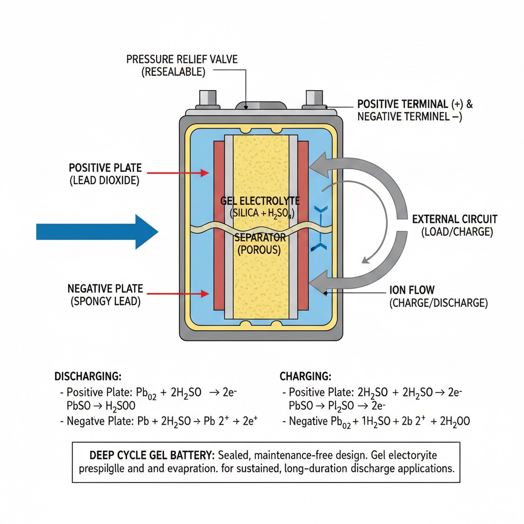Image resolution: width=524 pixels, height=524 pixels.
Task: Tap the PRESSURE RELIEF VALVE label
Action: tap(182, 59)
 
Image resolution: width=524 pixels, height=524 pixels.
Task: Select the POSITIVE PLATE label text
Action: tap(105, 168)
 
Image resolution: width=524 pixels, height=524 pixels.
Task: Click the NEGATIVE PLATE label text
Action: tap(105, 289)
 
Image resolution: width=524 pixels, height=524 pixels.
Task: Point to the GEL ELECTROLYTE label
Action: tap(260, 201)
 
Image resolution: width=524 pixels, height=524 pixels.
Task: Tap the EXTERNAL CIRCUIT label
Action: tap(454, 220)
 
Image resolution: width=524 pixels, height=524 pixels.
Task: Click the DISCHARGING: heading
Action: tap(88, 377)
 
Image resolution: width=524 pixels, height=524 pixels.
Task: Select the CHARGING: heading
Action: tap(305, 377)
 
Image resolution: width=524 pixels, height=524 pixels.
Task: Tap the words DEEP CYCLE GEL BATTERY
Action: tap(152, 455)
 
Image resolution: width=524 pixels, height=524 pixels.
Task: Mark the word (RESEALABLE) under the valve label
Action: tap(173, 72)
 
